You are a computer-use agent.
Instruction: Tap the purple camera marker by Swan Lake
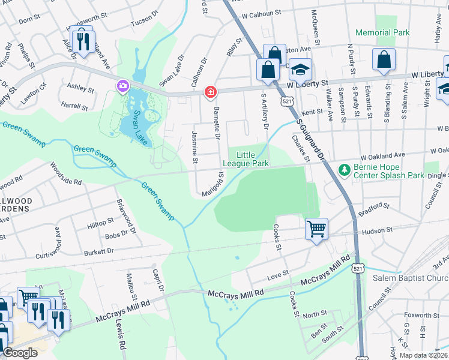(123, 86)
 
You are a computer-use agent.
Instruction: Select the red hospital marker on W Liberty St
(210, 92)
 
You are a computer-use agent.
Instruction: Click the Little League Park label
(246, 159)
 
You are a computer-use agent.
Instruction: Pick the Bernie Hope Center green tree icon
(345, 170)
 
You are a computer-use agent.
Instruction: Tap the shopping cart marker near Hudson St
(316, 229)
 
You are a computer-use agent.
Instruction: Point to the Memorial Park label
(382, 32)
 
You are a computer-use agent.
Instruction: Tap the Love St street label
(278, 273)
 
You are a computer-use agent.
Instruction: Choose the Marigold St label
(213, 184)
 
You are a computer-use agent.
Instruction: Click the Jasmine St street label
(194, 147)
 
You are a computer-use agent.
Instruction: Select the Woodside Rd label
(65, 173)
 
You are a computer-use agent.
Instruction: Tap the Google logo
(20, 353)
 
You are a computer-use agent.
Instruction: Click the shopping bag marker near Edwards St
(384, 59)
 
